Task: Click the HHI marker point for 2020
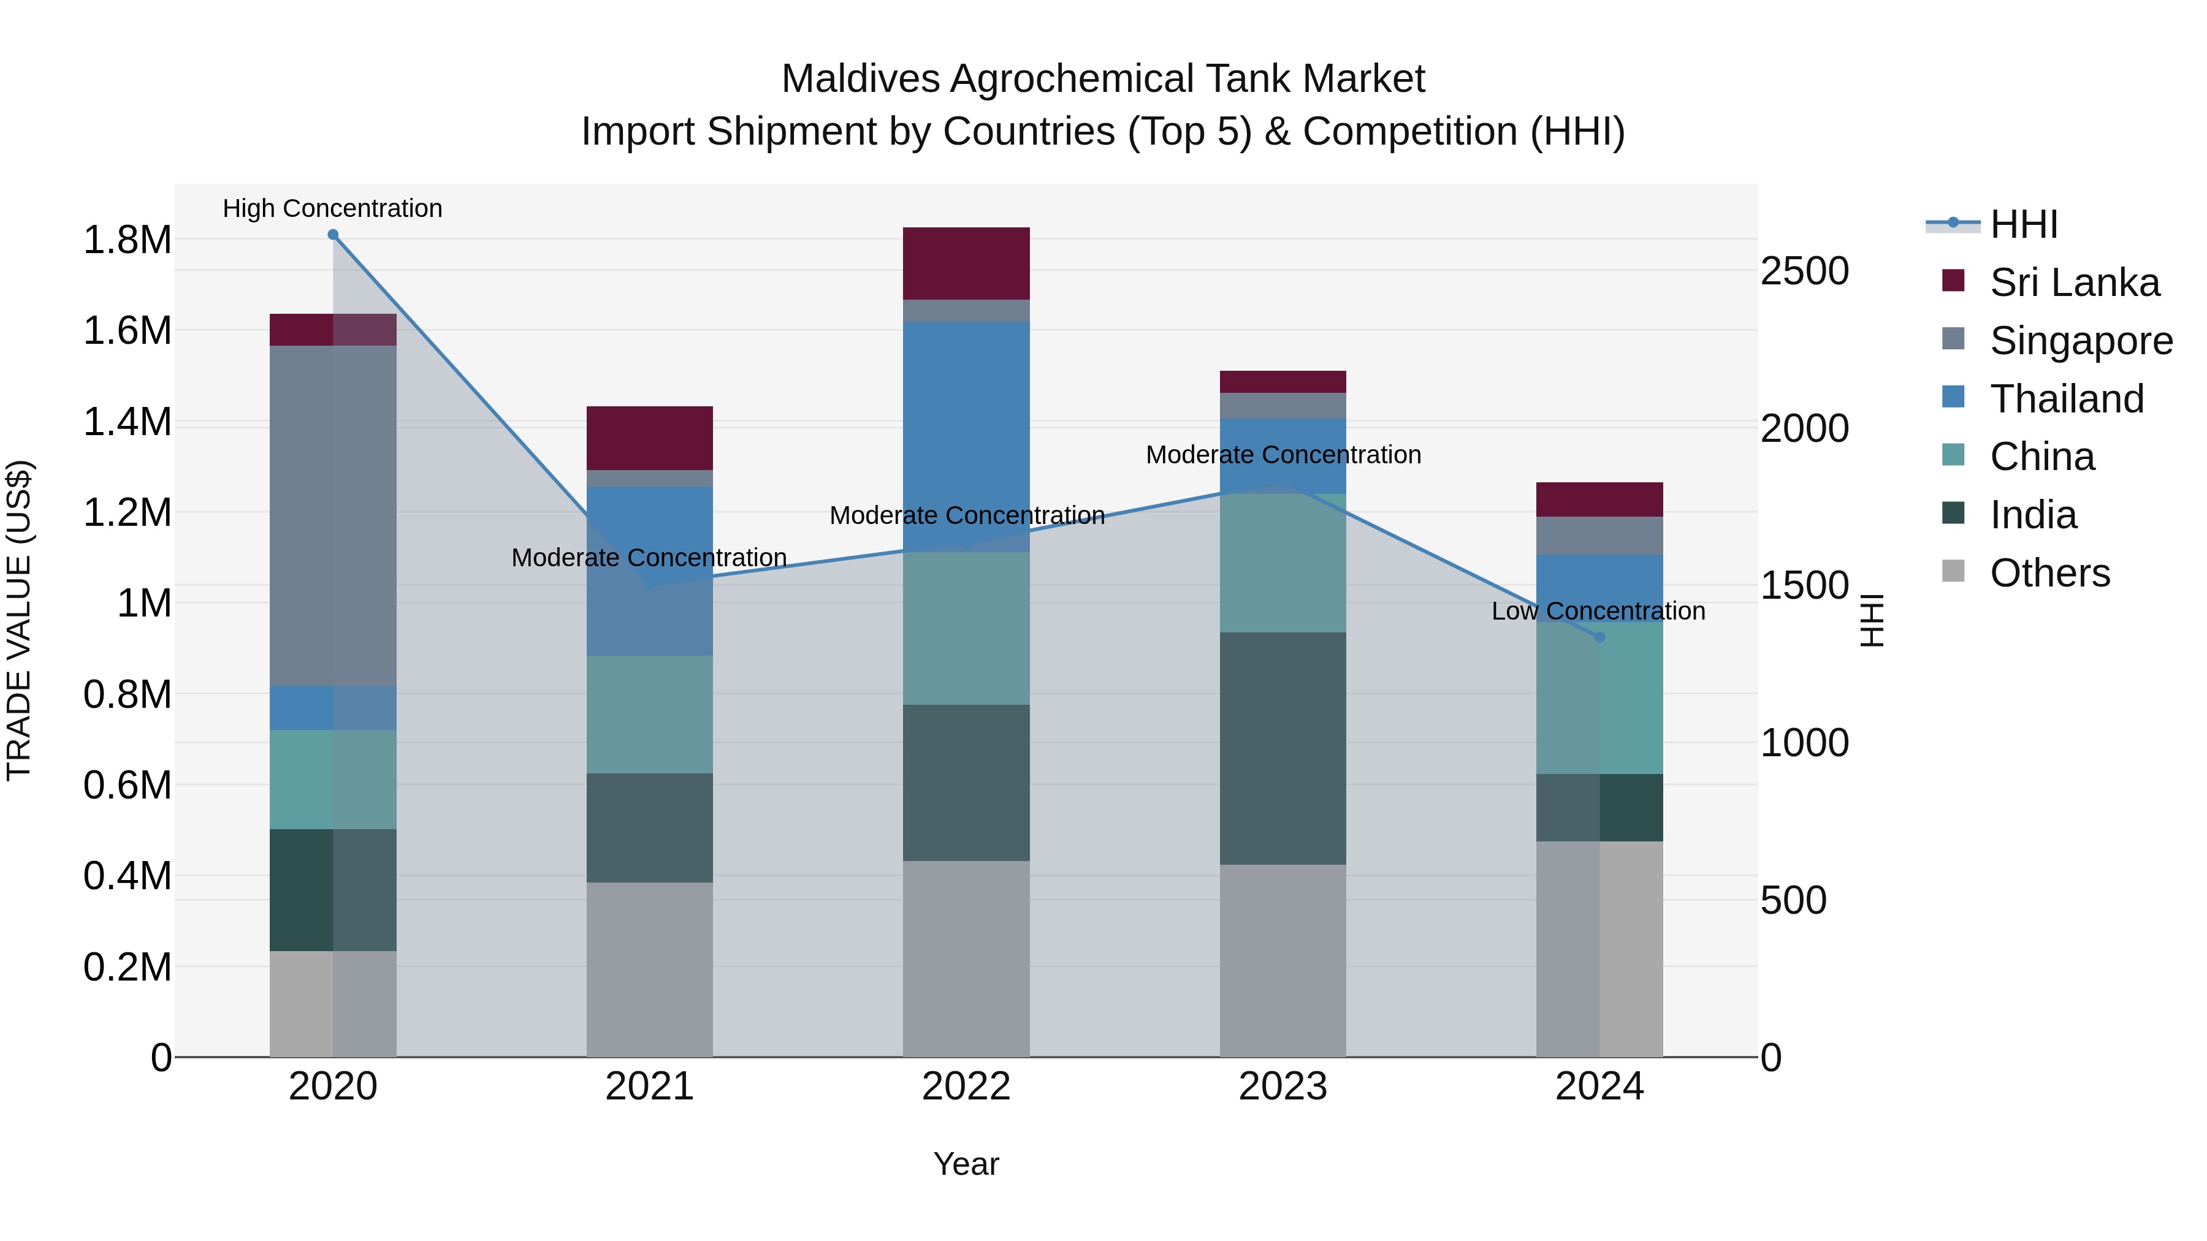click(334, 235)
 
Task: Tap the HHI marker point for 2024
click(1599, 637)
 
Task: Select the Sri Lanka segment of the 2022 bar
click(966, 263)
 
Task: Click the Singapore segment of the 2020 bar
click(334, 515)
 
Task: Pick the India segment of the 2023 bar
click(1283, 748)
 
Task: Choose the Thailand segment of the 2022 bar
click(966, 437)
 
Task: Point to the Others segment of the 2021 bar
click(649, 969)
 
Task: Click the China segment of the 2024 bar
click(1599, 698)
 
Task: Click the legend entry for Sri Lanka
click(2073, 283)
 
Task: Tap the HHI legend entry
click(2023, 224)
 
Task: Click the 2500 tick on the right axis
click(1804, 271)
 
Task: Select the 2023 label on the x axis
click(1283, 1087)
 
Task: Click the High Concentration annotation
click(332, 208)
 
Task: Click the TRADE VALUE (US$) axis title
click(19, 620)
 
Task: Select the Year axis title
click(966, 1164)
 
